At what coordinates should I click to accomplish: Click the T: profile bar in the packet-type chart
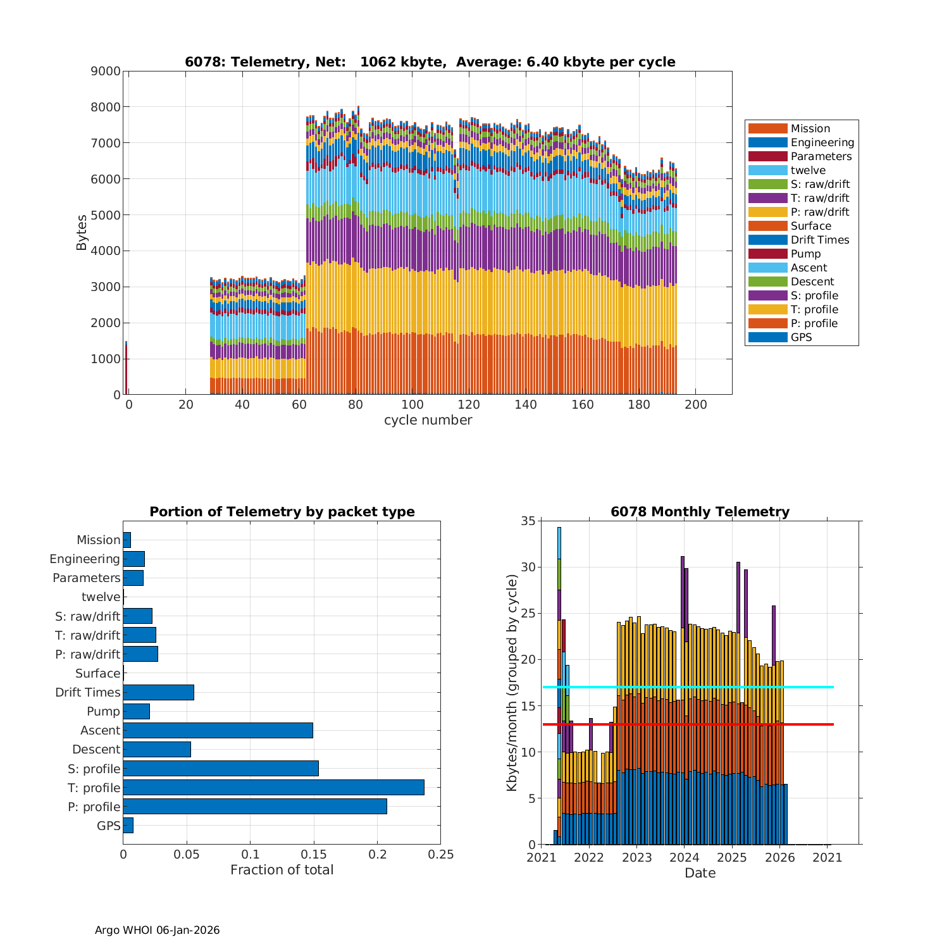273,788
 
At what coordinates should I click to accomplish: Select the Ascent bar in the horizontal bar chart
218,731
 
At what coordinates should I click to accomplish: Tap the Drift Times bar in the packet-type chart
158,692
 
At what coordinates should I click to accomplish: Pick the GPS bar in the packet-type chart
128,826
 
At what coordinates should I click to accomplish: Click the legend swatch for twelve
767,170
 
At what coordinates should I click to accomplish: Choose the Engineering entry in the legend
822,142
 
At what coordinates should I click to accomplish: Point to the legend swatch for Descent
767,282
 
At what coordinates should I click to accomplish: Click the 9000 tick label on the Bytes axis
106,71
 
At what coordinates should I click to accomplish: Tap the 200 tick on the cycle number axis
695,405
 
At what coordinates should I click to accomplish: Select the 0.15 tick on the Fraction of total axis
314,855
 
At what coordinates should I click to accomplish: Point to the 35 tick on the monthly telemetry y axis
528,521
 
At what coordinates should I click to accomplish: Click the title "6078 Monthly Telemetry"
700,512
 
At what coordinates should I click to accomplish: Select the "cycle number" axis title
428,420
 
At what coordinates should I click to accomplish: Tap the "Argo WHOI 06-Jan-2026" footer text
157,930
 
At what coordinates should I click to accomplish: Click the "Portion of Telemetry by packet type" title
282,512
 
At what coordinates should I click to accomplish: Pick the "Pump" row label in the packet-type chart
103,712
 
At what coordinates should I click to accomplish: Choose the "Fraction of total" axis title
282,870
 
